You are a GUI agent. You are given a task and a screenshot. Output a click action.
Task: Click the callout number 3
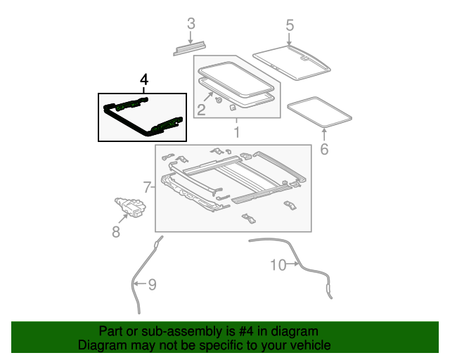(x=191, y=24)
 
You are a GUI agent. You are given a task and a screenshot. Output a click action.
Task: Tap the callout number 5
(x=290, y=26)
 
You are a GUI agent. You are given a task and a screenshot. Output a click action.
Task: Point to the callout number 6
(x=324, y=149)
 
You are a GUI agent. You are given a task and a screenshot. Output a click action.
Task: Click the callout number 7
(x=147, y=187)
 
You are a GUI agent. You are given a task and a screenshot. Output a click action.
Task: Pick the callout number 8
(x=116, y=231)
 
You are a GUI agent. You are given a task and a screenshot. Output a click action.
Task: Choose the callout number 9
(x=151, y=285)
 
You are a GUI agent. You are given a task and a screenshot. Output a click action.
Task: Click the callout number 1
(x=237, y=132)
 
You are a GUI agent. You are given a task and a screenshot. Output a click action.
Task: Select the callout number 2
(x=201, y=109)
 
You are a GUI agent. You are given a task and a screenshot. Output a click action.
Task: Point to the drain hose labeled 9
(x=135, y=281)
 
